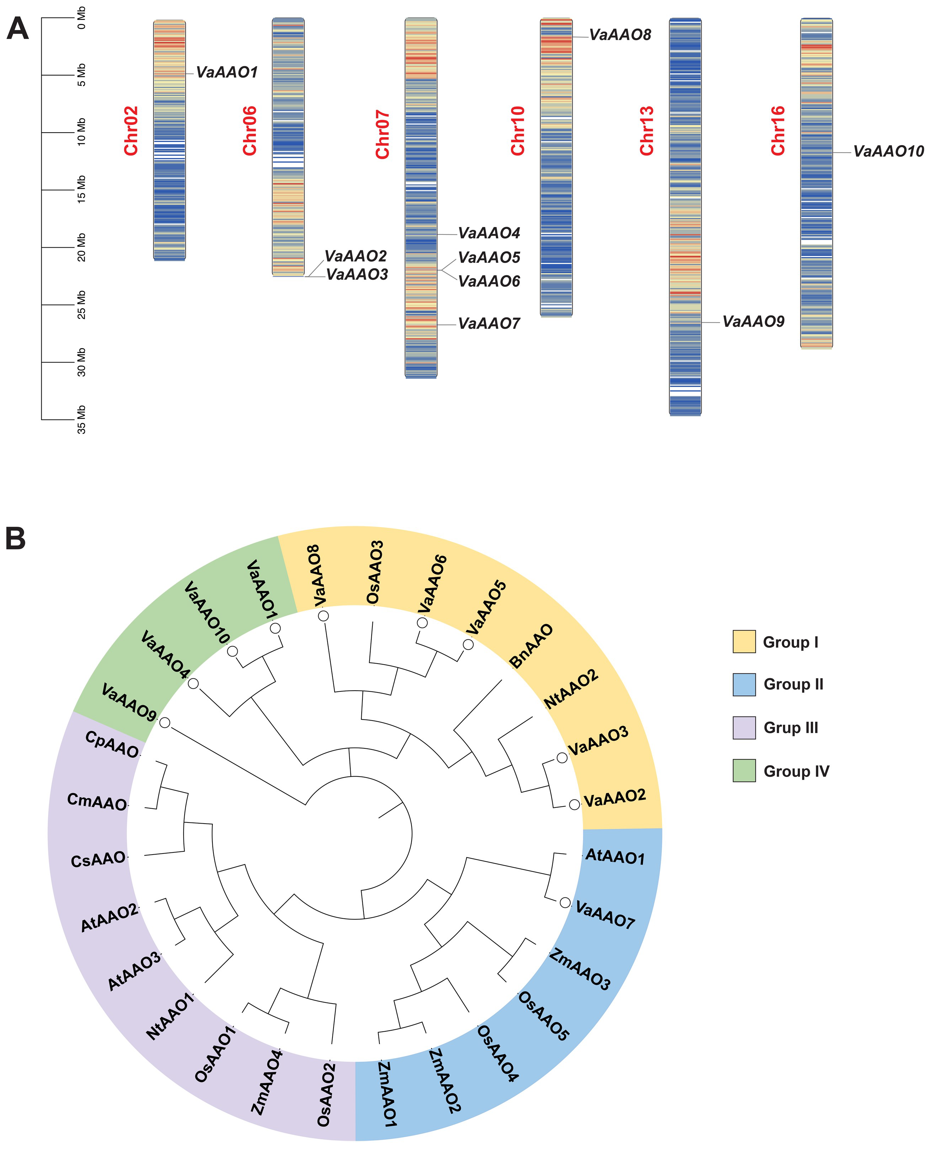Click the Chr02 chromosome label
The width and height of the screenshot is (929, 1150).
pos(131,131)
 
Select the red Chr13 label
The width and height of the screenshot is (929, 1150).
pos(647,131)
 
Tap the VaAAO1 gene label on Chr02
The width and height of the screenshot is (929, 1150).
pos(227,72)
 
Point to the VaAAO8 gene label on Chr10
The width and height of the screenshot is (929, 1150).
pos(620,35)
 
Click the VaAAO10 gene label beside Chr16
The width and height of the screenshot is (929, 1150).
pos(888,152)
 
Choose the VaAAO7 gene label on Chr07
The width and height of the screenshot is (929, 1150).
pos(489,324)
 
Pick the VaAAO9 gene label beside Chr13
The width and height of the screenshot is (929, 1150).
pos(753,321)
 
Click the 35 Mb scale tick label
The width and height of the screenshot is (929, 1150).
pos(81,420)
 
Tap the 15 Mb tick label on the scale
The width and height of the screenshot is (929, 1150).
pos(81,190)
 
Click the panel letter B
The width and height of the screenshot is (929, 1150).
pos(16,539)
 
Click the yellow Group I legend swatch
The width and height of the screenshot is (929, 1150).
pos(744,641)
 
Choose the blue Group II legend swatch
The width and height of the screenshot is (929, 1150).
pos(744,685)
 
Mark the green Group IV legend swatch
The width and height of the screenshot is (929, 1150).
pos(744,770)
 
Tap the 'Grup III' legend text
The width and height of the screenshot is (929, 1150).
pos(790,728)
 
